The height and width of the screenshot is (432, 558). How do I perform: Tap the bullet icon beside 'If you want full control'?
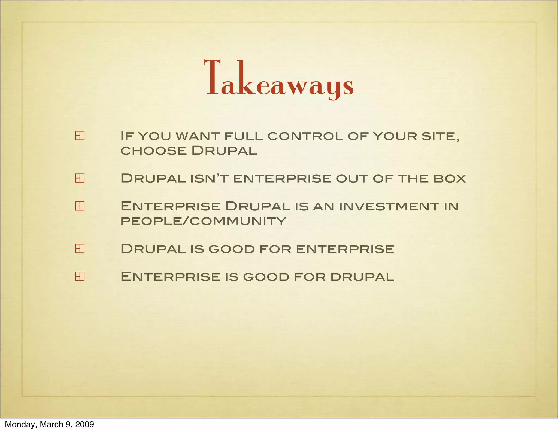[80, 136]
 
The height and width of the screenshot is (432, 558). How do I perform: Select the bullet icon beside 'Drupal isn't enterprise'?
[80, 178]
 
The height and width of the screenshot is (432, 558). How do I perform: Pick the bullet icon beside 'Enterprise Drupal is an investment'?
[80, 206]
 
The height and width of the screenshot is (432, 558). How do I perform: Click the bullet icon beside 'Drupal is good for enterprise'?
[80, 248]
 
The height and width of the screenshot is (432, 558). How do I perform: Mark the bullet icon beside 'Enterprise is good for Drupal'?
[80, 276]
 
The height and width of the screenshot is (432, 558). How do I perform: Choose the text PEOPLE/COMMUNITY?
[203, 221]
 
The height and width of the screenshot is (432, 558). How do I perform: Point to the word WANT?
[198, 136]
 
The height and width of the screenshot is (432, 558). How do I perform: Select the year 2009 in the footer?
[84, 424]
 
